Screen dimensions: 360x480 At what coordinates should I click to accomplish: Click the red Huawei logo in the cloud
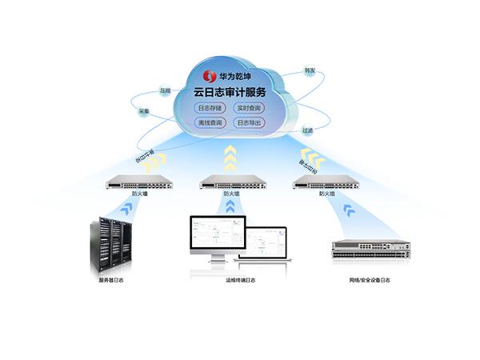[210, 77]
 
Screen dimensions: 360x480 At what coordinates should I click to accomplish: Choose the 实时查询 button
[249, 108]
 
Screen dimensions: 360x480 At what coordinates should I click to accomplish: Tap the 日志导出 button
[249, 123]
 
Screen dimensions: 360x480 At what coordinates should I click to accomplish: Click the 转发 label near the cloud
[310, 71]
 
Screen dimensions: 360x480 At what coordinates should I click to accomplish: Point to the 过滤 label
[307, 130]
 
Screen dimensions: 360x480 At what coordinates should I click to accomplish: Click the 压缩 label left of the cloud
[165, 91]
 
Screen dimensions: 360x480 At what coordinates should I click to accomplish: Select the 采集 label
[144, 111]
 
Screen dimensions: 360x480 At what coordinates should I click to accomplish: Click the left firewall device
[138, 182]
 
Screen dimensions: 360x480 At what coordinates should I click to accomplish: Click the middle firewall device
[232, 182]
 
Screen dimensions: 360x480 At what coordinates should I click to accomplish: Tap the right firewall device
[326, 182]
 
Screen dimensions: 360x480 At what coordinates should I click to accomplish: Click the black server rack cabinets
[110, 244]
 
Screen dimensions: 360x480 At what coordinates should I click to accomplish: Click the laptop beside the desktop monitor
[266, 244]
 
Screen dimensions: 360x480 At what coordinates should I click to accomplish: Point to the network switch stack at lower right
[370, 249]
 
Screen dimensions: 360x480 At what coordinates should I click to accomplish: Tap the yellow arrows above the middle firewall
[230, 158]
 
